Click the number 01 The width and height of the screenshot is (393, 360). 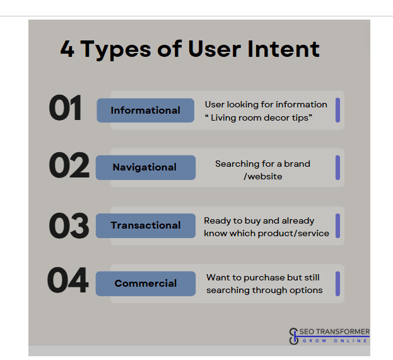(x=65, y=108)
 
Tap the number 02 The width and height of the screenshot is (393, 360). (x=69, y=165)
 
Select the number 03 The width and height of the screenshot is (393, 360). (x=69, y=225)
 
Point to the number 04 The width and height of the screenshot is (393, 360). (x=67, y=280)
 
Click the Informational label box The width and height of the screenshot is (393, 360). (x=145, y=111)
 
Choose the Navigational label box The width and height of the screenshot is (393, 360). (x=146, y=167)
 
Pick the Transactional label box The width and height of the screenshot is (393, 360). (x=146, y=225)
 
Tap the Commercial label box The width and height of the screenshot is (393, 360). (x=146, y=284)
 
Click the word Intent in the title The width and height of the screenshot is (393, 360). (x=283, y=49)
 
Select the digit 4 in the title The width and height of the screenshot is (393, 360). (x=67, y=49)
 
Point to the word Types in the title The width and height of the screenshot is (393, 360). (x=116, y=50)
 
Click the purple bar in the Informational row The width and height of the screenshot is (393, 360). (x=337, y=110)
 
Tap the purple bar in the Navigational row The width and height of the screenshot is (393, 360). (x=337, y=167)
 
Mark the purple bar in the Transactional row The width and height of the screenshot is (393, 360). (x=337, y=225)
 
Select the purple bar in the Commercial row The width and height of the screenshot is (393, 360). (x=337, y=284)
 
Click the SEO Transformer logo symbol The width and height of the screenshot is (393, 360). (x=294, y=336)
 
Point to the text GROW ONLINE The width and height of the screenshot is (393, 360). (x=335, y=340)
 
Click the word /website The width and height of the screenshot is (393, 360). (x=263, y=177)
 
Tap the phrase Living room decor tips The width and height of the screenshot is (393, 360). (x=259, y=117)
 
